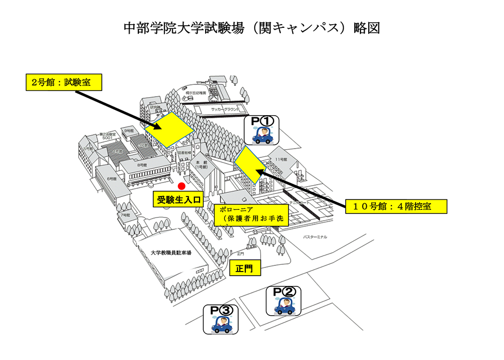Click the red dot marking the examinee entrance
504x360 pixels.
click(x=181, y=186)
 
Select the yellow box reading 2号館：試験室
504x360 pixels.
click(x=63, y=82)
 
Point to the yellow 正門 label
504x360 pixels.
click(x=245, y=268)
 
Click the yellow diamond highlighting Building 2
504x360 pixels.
click(x=169, y=129)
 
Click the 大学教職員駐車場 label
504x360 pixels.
click(x=171, y=253)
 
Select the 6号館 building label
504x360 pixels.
click(x=111, y=178)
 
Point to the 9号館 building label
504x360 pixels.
click(x=127, y=131)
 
